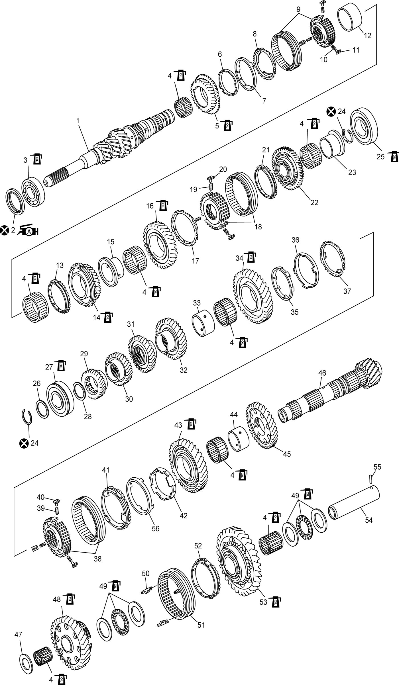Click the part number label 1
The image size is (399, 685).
[x=78, y=121]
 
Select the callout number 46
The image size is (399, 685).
[x=322, y=373]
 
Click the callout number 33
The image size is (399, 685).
[x=197, y=302]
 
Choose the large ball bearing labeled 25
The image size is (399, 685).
[x=364, y=125]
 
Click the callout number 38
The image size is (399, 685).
[x=97, y=559]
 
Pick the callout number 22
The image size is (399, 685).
[x=314, y=202]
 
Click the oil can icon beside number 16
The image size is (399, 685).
[x=162, y=205]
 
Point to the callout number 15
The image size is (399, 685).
[x=111, y=242]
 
